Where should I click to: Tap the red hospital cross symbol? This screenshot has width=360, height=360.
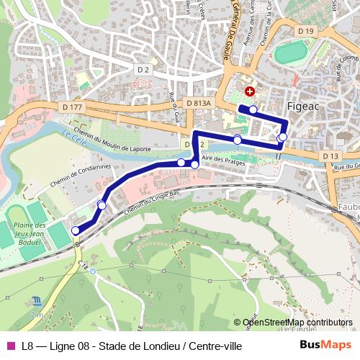point(250,91)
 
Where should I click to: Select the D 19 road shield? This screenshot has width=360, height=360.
point(306,31)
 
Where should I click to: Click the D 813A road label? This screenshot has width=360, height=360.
point(198,104)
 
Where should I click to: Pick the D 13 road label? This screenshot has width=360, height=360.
point(330,156)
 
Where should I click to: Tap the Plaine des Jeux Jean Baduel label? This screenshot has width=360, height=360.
point(29,235)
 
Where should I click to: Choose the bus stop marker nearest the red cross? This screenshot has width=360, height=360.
point(253,109)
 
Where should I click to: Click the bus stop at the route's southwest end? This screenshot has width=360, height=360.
point(76,230)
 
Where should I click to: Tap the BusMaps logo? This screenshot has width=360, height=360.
point(325,345)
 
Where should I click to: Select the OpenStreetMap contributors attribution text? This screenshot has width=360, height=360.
point(297,323)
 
